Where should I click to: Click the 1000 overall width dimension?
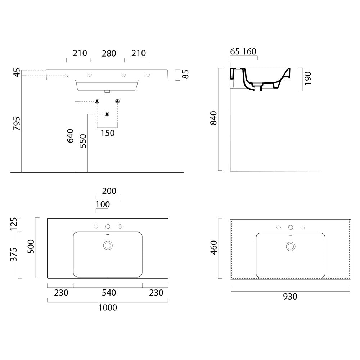coord(107,307)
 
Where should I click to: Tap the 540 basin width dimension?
coord(109,293)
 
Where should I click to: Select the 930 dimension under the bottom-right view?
coord(290,297)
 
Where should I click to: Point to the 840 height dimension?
coord(213,118)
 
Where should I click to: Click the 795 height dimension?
coord(17,123)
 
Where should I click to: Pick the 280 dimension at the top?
coord(109,54)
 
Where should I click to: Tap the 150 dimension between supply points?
coord(107,133)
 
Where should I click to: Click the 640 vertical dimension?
coord(70,136)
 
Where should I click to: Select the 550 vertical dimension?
coord(83,141)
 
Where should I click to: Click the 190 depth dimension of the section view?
coord(308,78)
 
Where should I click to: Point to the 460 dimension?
coord(213,248)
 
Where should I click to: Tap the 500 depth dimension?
coord(31,247)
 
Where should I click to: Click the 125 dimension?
coord(14,224)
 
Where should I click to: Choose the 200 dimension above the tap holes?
coord(109,191)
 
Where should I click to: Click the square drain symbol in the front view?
coord(107,114)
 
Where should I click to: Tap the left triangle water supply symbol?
coord(97,101)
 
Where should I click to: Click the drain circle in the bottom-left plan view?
coord(108,246)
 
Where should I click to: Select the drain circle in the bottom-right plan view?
coord(291,246)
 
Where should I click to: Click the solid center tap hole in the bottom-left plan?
coord(108,226)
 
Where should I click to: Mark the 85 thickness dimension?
coord(185,74)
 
